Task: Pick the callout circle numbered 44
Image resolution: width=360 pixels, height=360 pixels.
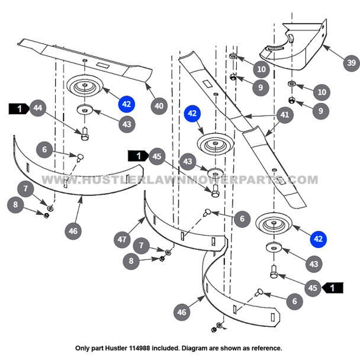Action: [x=37, y=108]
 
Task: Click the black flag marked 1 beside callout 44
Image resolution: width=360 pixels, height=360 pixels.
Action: [x=18, y=108]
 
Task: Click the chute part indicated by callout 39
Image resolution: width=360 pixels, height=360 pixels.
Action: [x=296, y=44]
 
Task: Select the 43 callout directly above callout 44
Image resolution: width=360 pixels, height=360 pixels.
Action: [x=126, y=124]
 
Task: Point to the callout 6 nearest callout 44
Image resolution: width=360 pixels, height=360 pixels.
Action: [x=44, y=150]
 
